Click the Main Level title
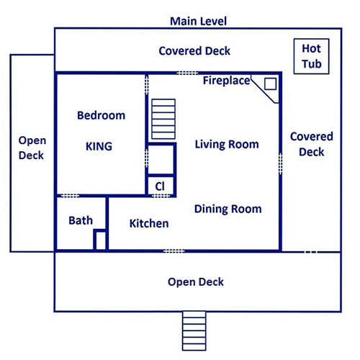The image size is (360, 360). click(198, 22)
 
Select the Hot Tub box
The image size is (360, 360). click(311, 56)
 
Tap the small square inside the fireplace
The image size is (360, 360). click(270, 84)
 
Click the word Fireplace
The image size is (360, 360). click(227, 81)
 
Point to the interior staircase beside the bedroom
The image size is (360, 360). click(163, 119)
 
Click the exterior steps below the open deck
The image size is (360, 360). click(194, 331)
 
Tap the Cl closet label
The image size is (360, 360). click(160, 186)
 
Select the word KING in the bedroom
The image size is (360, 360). click(99, 146)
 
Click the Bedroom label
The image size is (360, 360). click(101, 115)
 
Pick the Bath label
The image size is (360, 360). click(81, 220)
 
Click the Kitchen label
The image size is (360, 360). click(149, 223)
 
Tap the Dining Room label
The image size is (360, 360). click(228, 209)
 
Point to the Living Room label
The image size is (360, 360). click(227, 145)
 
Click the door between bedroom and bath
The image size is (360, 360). click(70, 196)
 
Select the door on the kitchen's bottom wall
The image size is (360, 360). click(174, 251)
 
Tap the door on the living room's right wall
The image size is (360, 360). click(280, 163)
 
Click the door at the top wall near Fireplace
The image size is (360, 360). click(187, 73)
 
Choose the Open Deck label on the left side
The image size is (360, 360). click(32, 148)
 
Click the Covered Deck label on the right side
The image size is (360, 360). click(312, 144)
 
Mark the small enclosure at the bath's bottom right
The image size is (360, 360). click(101, 240)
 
